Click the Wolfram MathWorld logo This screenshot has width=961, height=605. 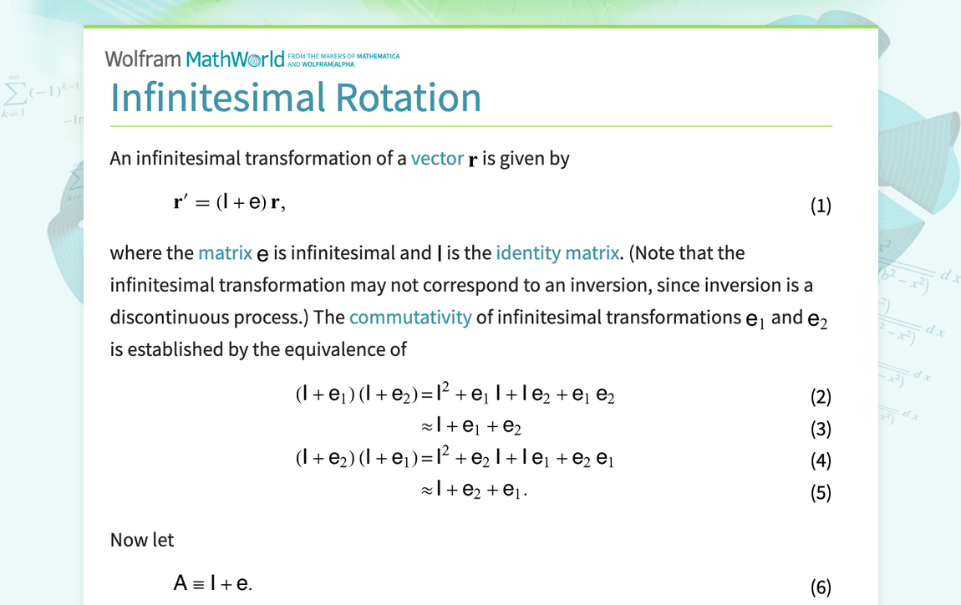pyautogui.click(x=195, y=59)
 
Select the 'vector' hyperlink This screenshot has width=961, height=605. pyautogui.click(x=436, y=159)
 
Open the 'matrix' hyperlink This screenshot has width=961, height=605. pyautogui.click(x=225, y=253)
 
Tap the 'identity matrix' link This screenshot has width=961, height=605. pyautogui.click(x=557, y=253)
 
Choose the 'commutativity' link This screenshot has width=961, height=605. pyautogui.click(x=410, y=318)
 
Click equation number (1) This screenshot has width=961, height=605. pyautogui.click(x=821, y=206)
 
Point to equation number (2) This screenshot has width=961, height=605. pyautogui.click(x=821, y=397)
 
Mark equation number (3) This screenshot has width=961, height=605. pyautogui.click(x=821, y=429)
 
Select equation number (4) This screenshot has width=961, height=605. pyautogui.click(x=821, y=460)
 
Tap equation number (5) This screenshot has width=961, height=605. pyautogui.click(x=821, y=492)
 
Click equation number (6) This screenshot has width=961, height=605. pyautogui.click(x=821, y=587)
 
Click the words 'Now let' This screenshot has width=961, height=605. pyautogui.click(x=142, y=541)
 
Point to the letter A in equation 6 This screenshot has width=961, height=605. pyautogui.click(x=181, y=583)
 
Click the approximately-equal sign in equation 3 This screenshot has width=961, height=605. pyautogui.click(x=426, y=427)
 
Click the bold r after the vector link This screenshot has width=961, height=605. pyautogui.click(x=472, y=160)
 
